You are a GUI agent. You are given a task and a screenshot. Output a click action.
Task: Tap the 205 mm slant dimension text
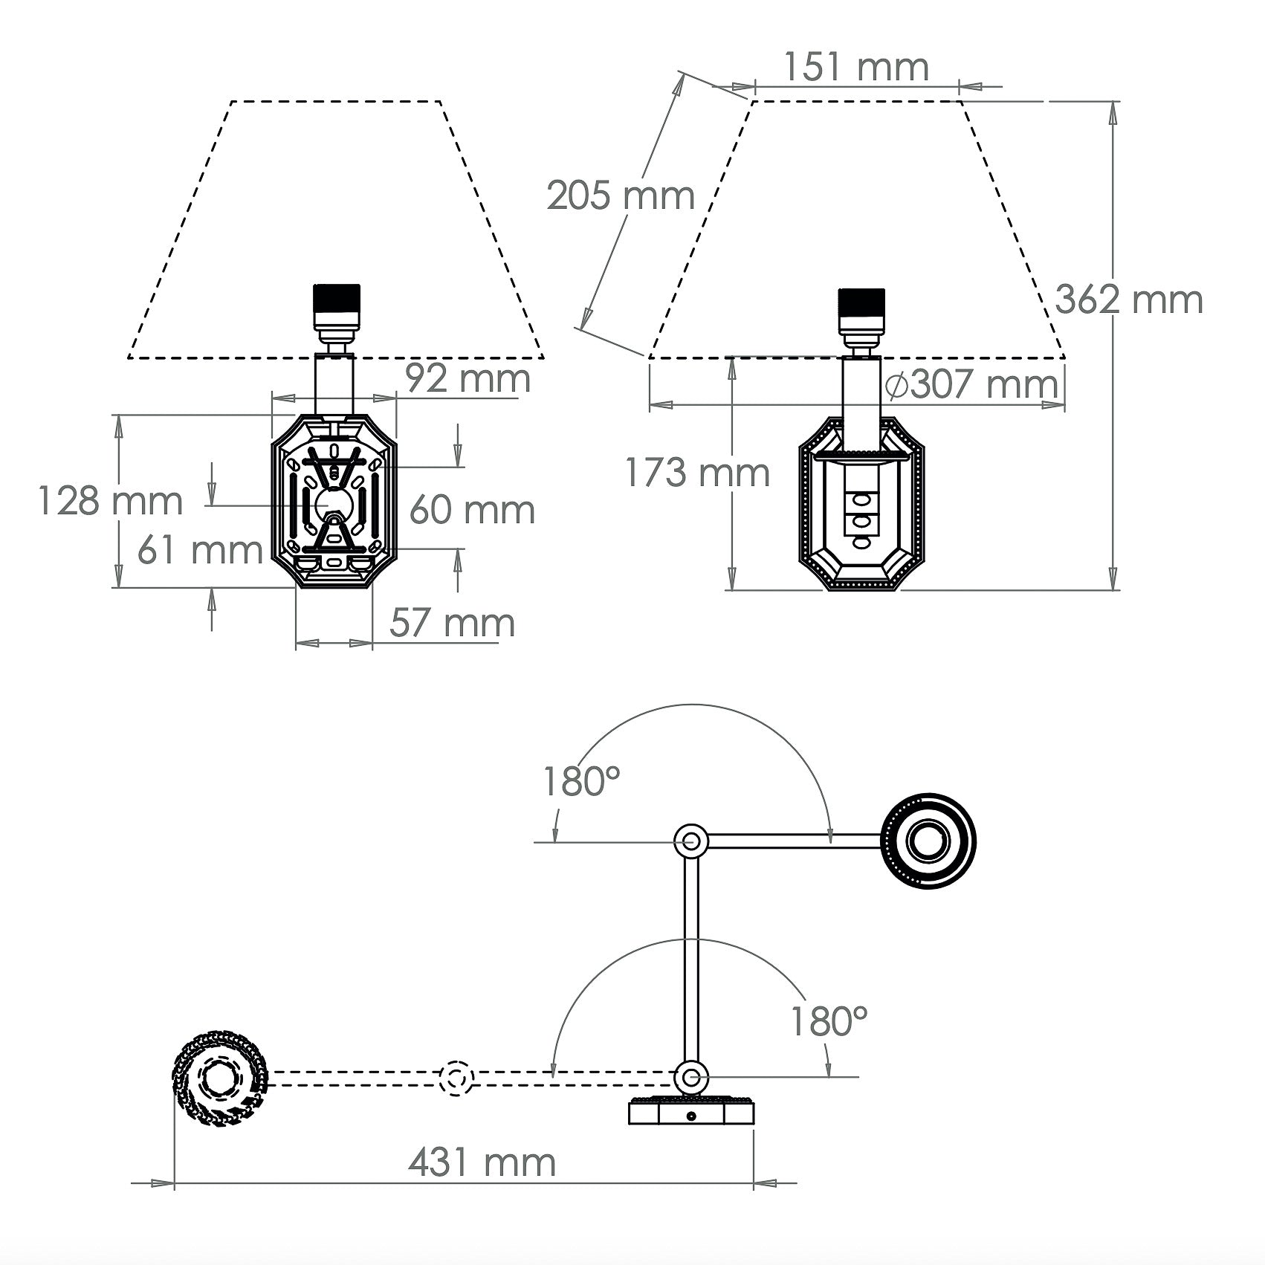(x=621, y=196)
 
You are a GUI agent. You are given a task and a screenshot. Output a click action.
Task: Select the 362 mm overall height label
(x=1129, y=300)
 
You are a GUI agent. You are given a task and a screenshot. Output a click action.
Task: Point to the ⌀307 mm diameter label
(x=972, y=384)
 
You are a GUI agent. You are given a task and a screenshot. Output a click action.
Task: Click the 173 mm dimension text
(x=696, y=473)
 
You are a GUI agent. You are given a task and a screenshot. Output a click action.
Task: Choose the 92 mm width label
(x=468, y=378)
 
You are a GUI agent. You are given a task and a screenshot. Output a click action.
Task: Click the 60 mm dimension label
(x=472, y=510)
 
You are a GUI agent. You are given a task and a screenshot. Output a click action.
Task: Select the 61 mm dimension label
(x=200, y=550)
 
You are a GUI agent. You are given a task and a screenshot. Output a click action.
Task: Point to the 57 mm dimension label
(x=452, y=622)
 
